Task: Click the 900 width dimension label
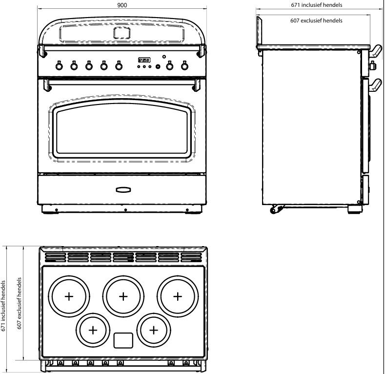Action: coord(122,4)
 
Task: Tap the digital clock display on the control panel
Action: coord(144,61)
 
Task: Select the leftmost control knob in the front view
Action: coord(59,66)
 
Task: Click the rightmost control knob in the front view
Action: coord(184,66)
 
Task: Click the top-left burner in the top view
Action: coord(69,296)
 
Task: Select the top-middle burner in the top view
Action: coord(123,296)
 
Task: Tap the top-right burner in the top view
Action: coord(178,296)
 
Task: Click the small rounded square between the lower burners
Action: coord(123,341)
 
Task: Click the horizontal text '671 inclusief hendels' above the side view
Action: coord(316,5)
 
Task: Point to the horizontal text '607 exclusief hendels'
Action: coord(316,21)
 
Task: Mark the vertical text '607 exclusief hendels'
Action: coord(20,303)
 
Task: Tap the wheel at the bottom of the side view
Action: coord(275,210)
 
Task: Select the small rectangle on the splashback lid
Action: coord(121,32)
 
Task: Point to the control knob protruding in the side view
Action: coord(373,65)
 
